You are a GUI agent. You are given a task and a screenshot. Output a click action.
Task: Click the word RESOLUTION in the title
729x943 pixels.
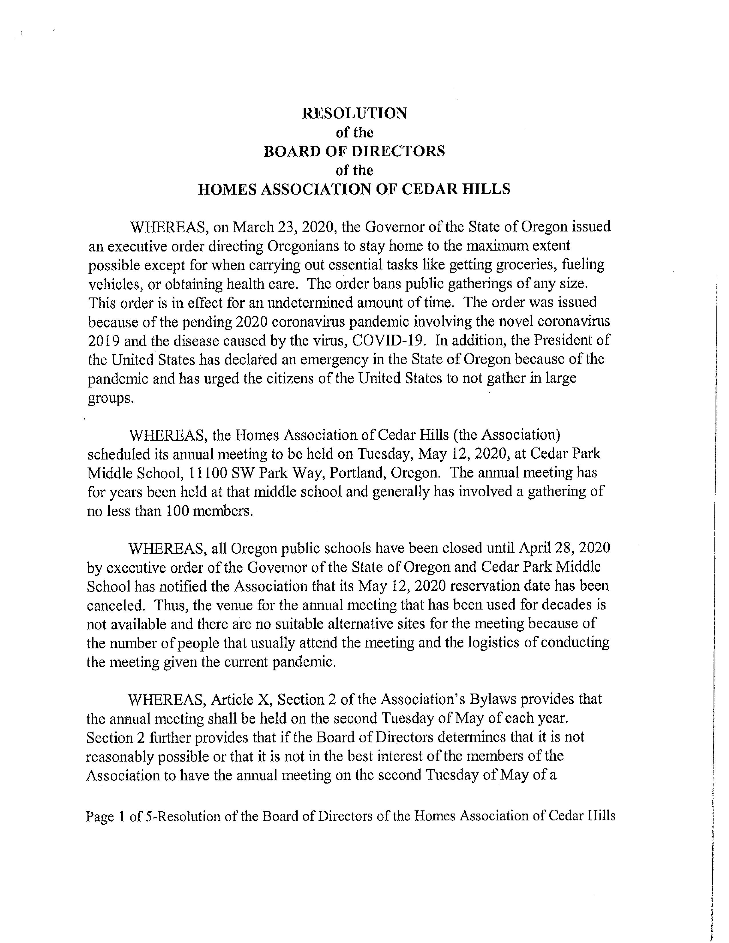[354, 113]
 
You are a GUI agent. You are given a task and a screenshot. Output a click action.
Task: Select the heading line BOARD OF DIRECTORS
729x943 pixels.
[354, 151]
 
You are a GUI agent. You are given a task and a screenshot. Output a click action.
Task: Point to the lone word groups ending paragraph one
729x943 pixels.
[110, 398]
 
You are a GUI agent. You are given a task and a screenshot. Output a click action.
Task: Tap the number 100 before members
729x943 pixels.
[176, 511]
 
